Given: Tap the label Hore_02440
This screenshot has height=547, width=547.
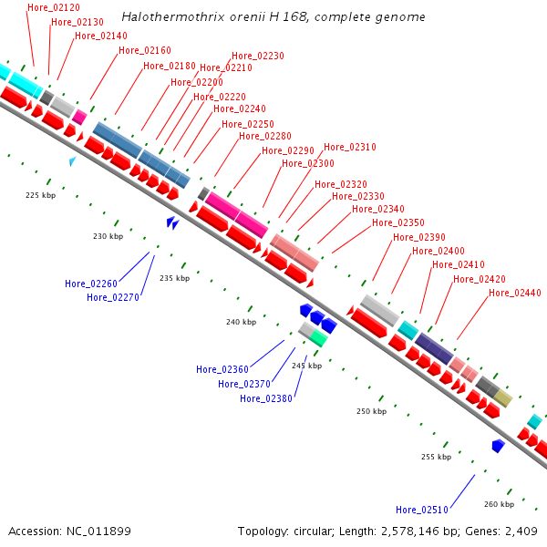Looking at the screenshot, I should tap(515, 293).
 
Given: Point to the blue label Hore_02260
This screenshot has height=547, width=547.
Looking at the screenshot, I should tap(91, 284).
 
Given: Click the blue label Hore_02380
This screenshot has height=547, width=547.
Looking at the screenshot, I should tap(266, 398).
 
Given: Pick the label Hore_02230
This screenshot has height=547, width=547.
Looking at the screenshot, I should tap(257, 56).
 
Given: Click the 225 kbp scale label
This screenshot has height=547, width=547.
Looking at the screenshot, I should tap(40, 195).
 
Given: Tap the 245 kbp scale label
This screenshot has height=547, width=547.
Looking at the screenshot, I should tap(307, 366).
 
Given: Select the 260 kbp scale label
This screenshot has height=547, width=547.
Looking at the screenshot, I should tap(499, 504).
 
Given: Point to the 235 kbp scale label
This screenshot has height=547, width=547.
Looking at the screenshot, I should tap(174, 278).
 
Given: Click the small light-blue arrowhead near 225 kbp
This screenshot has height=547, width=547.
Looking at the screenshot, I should tap(73, 161).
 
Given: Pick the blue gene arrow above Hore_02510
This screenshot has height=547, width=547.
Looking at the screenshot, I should tap(498, 446).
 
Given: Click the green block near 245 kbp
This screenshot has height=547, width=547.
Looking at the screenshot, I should tap(318, 338).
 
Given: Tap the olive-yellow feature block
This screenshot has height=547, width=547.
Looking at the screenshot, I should tap(503, 397).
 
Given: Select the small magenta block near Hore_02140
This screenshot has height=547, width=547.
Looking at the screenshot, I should tap(79, 117).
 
